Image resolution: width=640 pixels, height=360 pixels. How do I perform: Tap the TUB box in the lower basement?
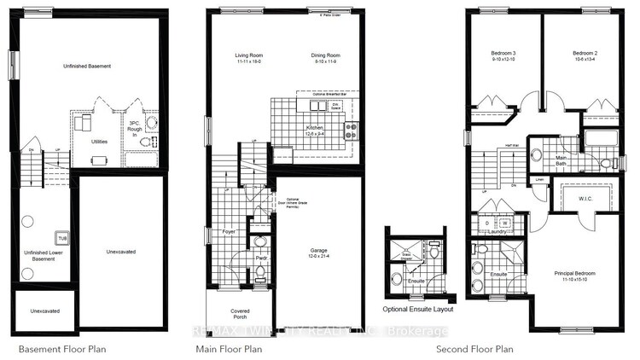(61, 237)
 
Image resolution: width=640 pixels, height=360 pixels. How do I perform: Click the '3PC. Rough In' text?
(133, 128)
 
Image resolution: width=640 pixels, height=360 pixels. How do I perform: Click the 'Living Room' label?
(250, 59)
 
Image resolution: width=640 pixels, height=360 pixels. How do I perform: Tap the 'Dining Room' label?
(325, 59)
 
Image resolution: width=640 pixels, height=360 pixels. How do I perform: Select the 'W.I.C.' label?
(585, 199)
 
